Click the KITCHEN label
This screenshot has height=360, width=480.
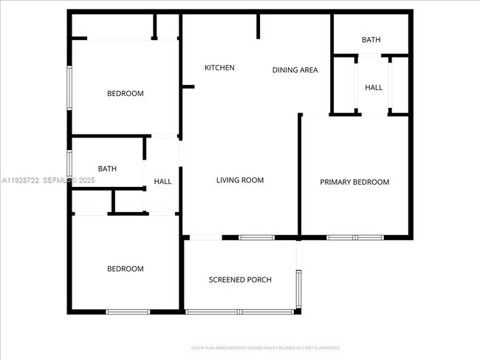pyautogui.click(x=219, y=68)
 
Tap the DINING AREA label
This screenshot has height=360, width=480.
pyautogui.click(x=295, y=70)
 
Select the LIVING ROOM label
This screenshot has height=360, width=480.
pyautogui.click(x=240, y=180)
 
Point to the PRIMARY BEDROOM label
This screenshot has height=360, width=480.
pyautogui.click(x=354, y=182)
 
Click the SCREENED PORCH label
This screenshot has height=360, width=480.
pyautogui.click(x=240, y=279)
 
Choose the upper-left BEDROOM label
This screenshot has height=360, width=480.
pyautogui.click(x=126, y=94)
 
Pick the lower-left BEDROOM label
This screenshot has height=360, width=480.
pyautogui.click(x=126, y=269)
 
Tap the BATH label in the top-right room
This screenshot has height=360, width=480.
pyautogui.click(x=371, y=40)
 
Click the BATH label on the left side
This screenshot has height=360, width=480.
pyautogui.click(x=107, y=169)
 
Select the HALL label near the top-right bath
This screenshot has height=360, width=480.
pyautogui.click(x=374, y=88)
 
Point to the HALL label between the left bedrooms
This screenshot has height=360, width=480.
pyautogui.click(x=162, y=182)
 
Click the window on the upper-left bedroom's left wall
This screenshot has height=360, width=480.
pyautogui.click(x=70, y=89)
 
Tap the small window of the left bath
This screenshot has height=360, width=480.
pyautogui.click(x=69, y=163)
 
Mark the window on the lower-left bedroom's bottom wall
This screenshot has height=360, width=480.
pyautogui.click(x=128, y=312)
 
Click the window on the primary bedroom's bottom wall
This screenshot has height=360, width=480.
pyautogui.click(x=355, y=237)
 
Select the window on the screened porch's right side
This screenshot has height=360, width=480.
pyautogui.click(x=298, y=288)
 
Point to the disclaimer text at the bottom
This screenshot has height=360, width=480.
pyautogui.click(x=265, y=347)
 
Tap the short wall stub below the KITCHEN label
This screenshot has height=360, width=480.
pyautogui.click(x=188, y=87)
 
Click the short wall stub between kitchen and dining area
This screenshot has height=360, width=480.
pyautogui.click(x=258, y=26)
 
